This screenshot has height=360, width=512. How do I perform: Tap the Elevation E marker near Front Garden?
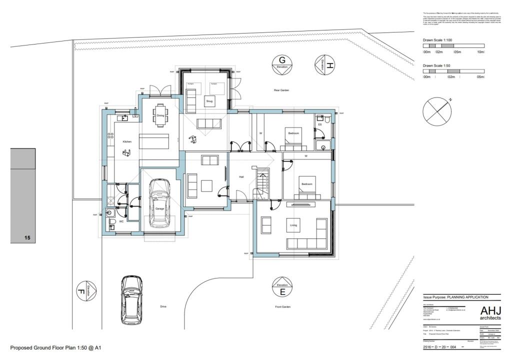tap(282, 287)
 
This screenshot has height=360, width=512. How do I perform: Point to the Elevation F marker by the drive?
tap(87, 290)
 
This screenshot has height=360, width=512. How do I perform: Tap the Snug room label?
tap(209, 100)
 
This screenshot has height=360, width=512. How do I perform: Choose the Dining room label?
tap(160, 115)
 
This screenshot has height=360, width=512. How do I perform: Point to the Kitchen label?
tap(126, 142)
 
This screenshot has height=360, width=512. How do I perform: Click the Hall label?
tap(241, 176)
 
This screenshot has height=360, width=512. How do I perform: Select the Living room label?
tap(293, 225)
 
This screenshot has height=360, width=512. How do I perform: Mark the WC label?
tap(121, 221)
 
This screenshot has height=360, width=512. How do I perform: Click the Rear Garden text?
tap(281, 90)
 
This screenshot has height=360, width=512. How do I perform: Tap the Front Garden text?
tap(282, 306)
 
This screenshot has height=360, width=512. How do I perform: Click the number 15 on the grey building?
tap(27, 238)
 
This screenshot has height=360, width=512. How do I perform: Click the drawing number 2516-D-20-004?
tap(439, 346)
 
